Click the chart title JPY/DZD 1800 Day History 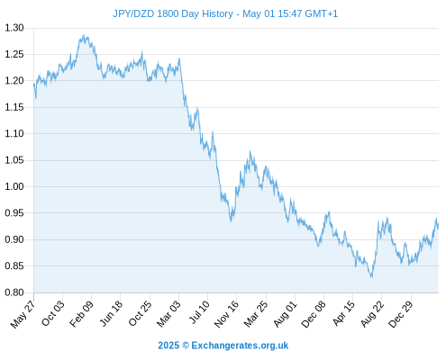173,13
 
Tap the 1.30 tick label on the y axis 14,28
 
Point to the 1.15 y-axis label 14,107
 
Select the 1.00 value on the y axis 14,186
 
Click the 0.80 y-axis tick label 14,292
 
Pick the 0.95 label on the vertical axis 14,213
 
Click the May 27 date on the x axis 23,314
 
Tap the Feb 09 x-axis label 81,314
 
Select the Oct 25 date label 141,313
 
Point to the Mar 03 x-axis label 168,314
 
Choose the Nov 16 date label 226,314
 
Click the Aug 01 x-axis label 286,314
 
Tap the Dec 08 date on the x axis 314,314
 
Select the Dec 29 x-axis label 401,314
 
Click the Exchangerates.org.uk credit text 240,346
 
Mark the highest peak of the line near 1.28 84,35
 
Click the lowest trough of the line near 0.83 372,277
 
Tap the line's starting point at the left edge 34,85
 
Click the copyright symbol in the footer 186,346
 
